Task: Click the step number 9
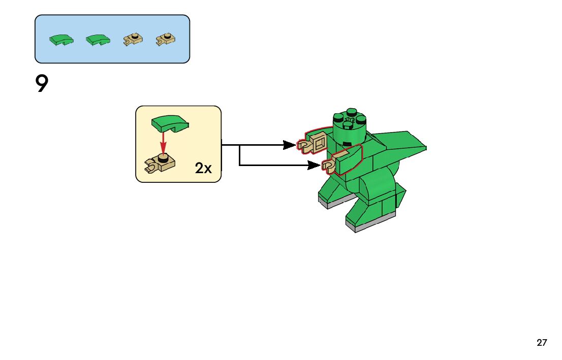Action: coord(42,84)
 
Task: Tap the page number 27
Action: coord(542,343)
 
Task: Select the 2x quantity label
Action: coord(203,169)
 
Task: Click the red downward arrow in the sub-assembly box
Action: coord(163,141)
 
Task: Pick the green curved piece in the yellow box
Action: coord(169,123)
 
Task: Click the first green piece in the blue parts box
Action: coord(61,40)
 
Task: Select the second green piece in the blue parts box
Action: coord(98,40)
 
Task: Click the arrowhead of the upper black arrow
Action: coord(291,145)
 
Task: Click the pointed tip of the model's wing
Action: coord(424,148)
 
